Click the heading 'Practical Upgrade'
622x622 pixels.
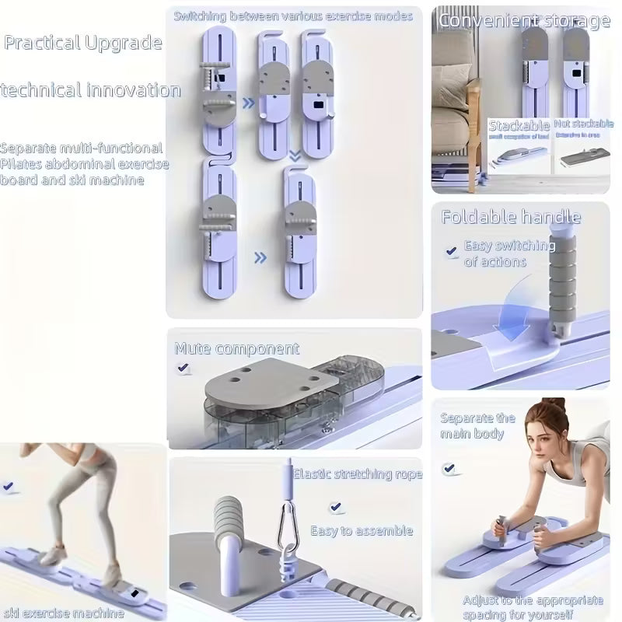83,42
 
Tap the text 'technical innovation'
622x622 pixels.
90,90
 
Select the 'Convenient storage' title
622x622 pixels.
524,21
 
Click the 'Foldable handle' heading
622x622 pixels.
511,217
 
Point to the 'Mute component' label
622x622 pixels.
236,348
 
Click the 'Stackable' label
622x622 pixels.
519,125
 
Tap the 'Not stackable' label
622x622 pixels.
583,124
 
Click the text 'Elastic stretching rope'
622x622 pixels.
358,473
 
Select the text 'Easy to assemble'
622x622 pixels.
362,531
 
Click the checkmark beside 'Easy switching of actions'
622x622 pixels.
451,251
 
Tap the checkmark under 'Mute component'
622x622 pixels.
183,369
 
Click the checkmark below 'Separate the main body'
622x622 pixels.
449,468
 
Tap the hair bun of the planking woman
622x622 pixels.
553,405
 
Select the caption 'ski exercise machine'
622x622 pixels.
62,613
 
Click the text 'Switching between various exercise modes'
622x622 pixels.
292,16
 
